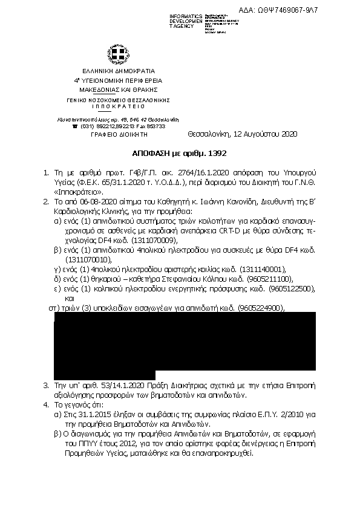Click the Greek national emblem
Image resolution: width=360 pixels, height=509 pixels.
coord(114,55)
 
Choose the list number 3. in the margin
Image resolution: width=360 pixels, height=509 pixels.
coord(47,384)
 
